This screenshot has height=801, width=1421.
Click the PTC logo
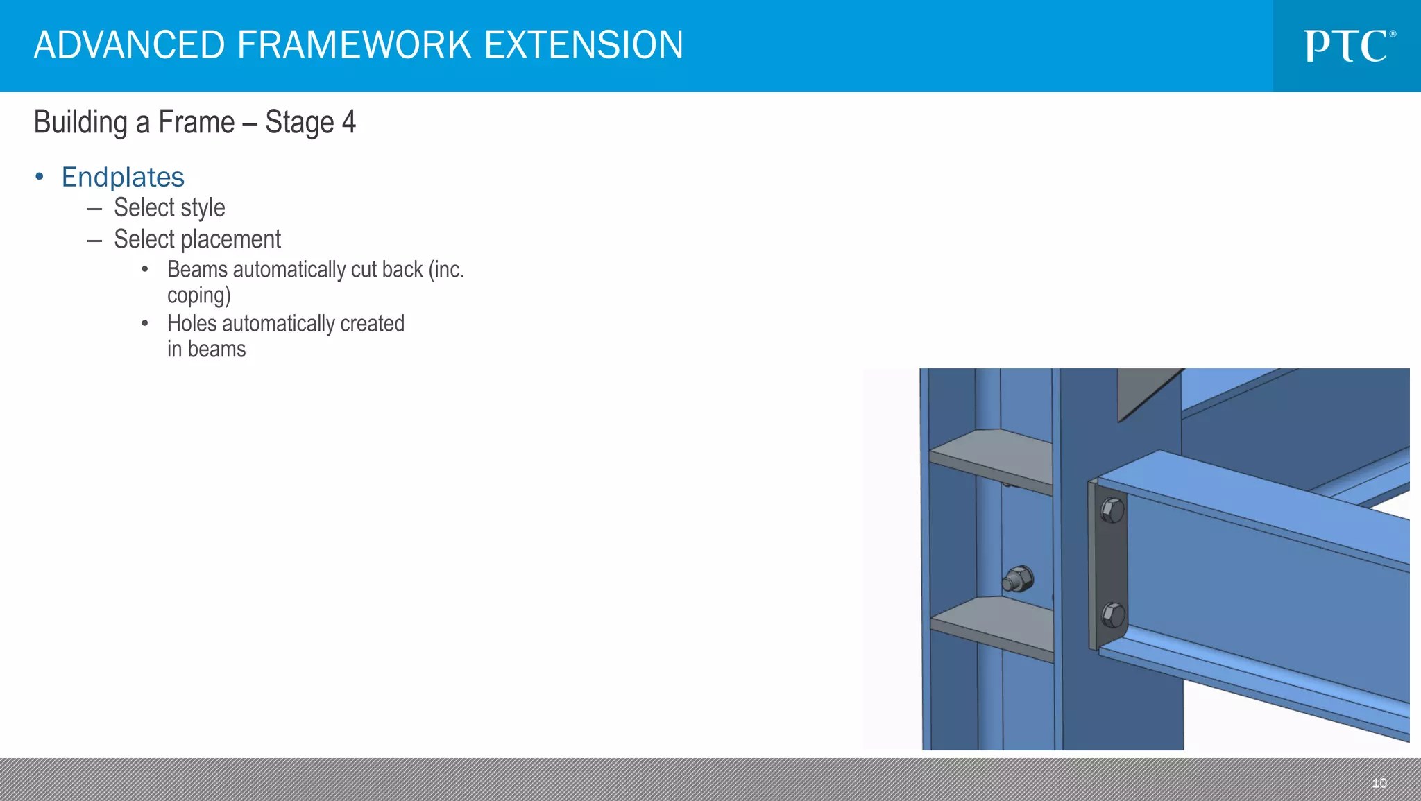(x=1348, y=46)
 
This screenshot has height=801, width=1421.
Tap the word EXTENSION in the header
(x=584, y=45)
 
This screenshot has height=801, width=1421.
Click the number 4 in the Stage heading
(x=348, y=122)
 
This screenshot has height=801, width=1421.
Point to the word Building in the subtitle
(x=80, y=123)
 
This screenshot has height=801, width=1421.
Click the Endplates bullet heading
(x=123, y=178)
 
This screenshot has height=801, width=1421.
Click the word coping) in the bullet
(x=198, y=295)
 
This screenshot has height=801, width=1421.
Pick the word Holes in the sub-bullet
(x=192, y=324)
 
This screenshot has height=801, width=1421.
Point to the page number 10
(x=1379, y=783)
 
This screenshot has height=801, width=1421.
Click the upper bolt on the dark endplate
(x=1112, y=511)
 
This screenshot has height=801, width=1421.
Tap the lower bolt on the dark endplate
(x=1112, y=614)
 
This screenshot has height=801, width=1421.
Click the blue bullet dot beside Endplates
(x=40, y=177)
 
